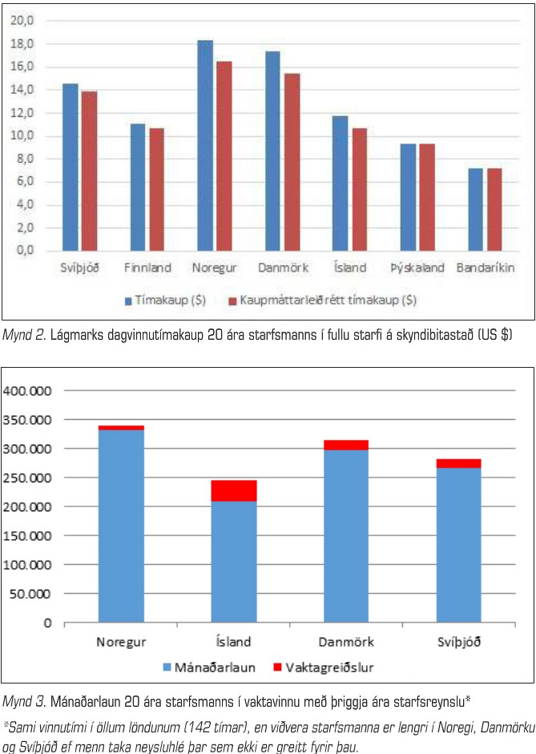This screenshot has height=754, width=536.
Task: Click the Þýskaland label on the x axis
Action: coord(417,268)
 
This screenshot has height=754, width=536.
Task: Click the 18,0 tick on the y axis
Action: coord(22,43)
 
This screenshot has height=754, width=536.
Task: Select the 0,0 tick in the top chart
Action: coord(22,251)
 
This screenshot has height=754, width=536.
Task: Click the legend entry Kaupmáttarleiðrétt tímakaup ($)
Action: coord(320,300)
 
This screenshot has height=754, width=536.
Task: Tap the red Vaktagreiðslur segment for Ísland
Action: coord(235,490)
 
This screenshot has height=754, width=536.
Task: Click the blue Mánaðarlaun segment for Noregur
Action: coord(121,526)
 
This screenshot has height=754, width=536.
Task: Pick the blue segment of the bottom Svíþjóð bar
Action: coord(458,545)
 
